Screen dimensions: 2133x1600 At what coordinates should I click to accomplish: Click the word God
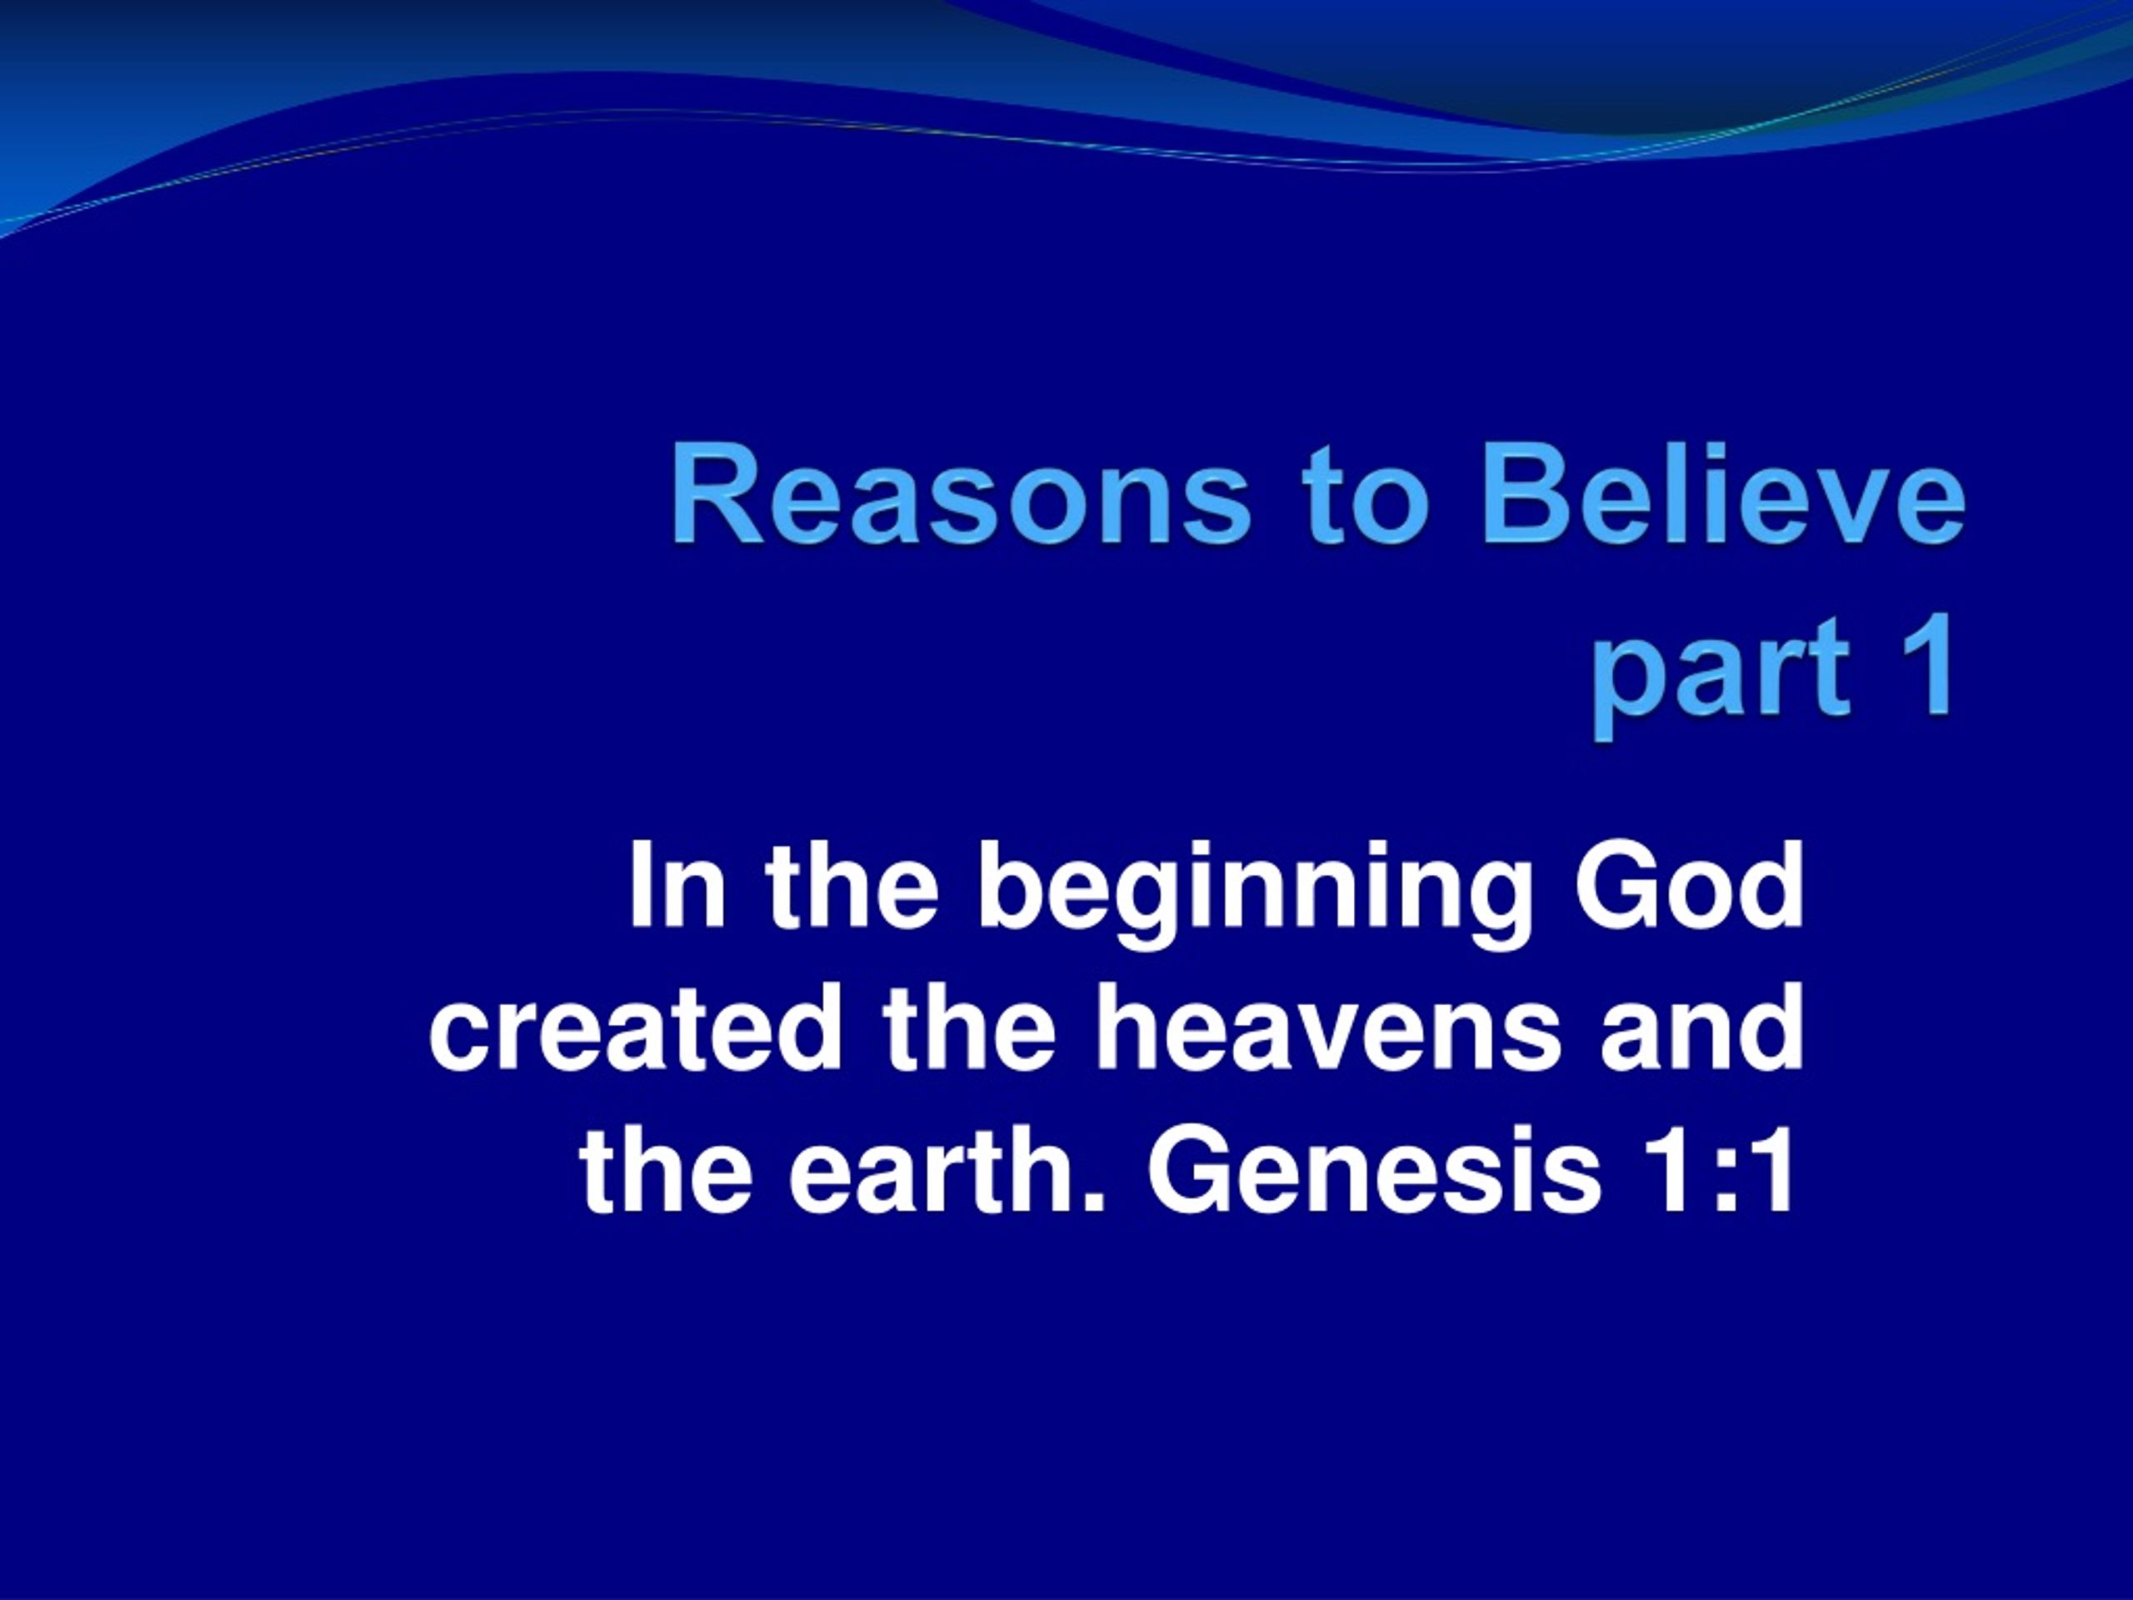pyautogui.click(x=1687, y=887)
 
